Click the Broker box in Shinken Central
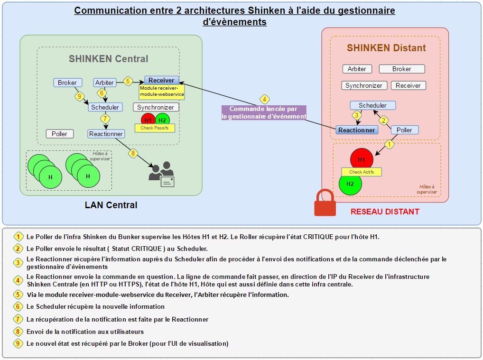click(67, 83)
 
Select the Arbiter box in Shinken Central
click(105, 83)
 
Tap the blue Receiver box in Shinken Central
click(161, 80)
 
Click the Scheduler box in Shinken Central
click(105, 107)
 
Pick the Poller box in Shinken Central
click(59, 134)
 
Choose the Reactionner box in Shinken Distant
click(357, 130)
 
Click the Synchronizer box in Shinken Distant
click(364, 85)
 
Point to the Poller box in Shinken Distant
click(404, 130)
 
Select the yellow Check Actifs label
click(362, 172)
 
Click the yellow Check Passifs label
click(155, 128)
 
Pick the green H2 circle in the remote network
click(350, 185)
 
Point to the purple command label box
click(264, 112)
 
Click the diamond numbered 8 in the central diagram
click(133, 153)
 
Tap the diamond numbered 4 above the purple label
click(264, 100)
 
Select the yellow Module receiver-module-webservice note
click(162, 92)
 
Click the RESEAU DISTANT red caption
click(385, 212)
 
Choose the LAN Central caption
click(111, 205)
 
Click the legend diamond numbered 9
click(18, 343)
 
